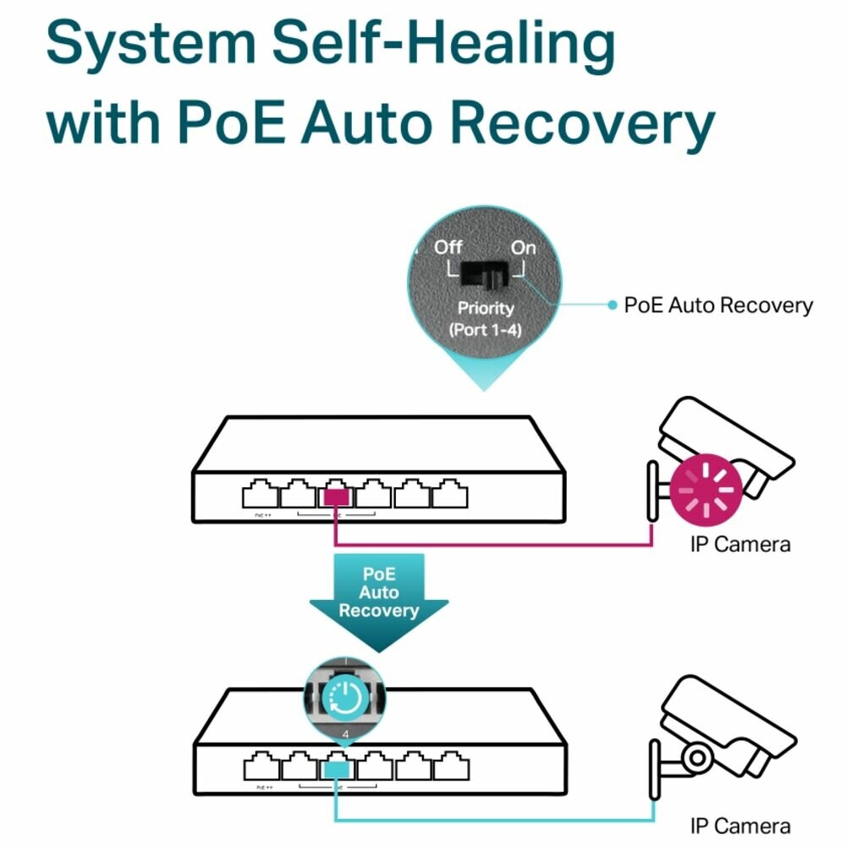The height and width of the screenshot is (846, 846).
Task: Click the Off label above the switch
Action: (x=448, y=247)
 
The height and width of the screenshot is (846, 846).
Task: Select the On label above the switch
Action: (x=523, y=247)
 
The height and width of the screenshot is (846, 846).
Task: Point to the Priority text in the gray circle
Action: (x=486, y=308)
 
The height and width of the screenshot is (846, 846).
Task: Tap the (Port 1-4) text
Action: (x=486, y=328)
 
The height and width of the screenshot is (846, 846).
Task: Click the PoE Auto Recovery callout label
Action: (x=717, y=305)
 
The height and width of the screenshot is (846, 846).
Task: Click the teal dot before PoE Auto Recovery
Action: (x=613, y=305)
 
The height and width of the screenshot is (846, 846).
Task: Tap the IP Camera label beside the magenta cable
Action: (x=740, y=543)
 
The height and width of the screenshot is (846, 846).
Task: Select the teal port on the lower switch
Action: (x=337, y=768)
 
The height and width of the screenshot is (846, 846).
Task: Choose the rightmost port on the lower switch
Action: (x=449, y=767)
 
